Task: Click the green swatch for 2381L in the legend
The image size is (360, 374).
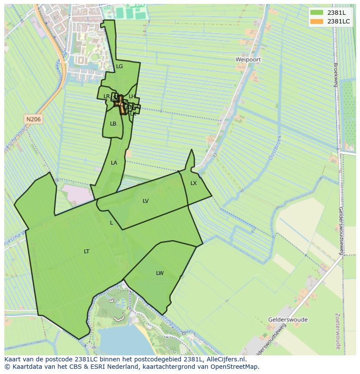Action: click(x=317, y=13)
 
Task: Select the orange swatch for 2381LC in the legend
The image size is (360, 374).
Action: click(x=317, y=21)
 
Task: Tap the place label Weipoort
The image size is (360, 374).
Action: click(x=248, y=59)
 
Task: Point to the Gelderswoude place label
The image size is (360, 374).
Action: click(x=288, y=320)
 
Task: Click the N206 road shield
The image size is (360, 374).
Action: click(x=33, y=119)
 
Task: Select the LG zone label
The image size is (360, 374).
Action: click(x=120, y=66)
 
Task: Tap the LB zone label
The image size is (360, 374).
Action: click(x=113, y=124)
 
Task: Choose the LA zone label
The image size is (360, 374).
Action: click(x=114, y=163)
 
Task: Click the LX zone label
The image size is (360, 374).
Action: click(x=193, y=183)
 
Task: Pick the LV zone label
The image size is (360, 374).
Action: click(x=146, y=201)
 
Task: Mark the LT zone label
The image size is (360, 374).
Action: click(x=87, y=252)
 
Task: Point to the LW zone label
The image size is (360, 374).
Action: click(x=160, y=273)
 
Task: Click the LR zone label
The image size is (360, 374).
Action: click(x=107, y=96)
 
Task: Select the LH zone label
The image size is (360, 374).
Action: click(x=132, y=96)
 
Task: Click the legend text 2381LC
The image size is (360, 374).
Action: click(x=338, y=21)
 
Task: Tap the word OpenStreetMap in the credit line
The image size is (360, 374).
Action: click(x=236, y=367)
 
